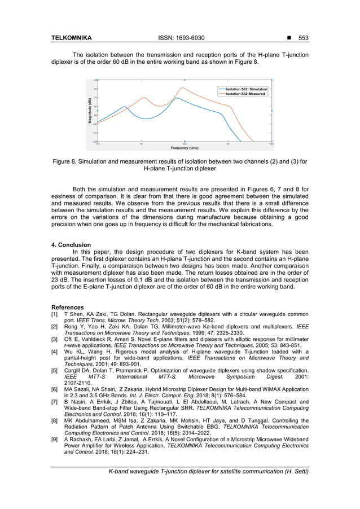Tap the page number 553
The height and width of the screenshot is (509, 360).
tap(304, 38)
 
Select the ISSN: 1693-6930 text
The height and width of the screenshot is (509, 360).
tap(180, 38)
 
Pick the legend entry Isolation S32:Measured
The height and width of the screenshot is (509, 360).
tap(245, 94)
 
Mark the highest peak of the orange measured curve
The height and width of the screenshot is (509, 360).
tap(182, 87)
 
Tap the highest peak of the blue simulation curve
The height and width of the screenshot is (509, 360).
tap(177, 98)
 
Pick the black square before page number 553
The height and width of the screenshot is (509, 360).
tap(289, 38)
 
